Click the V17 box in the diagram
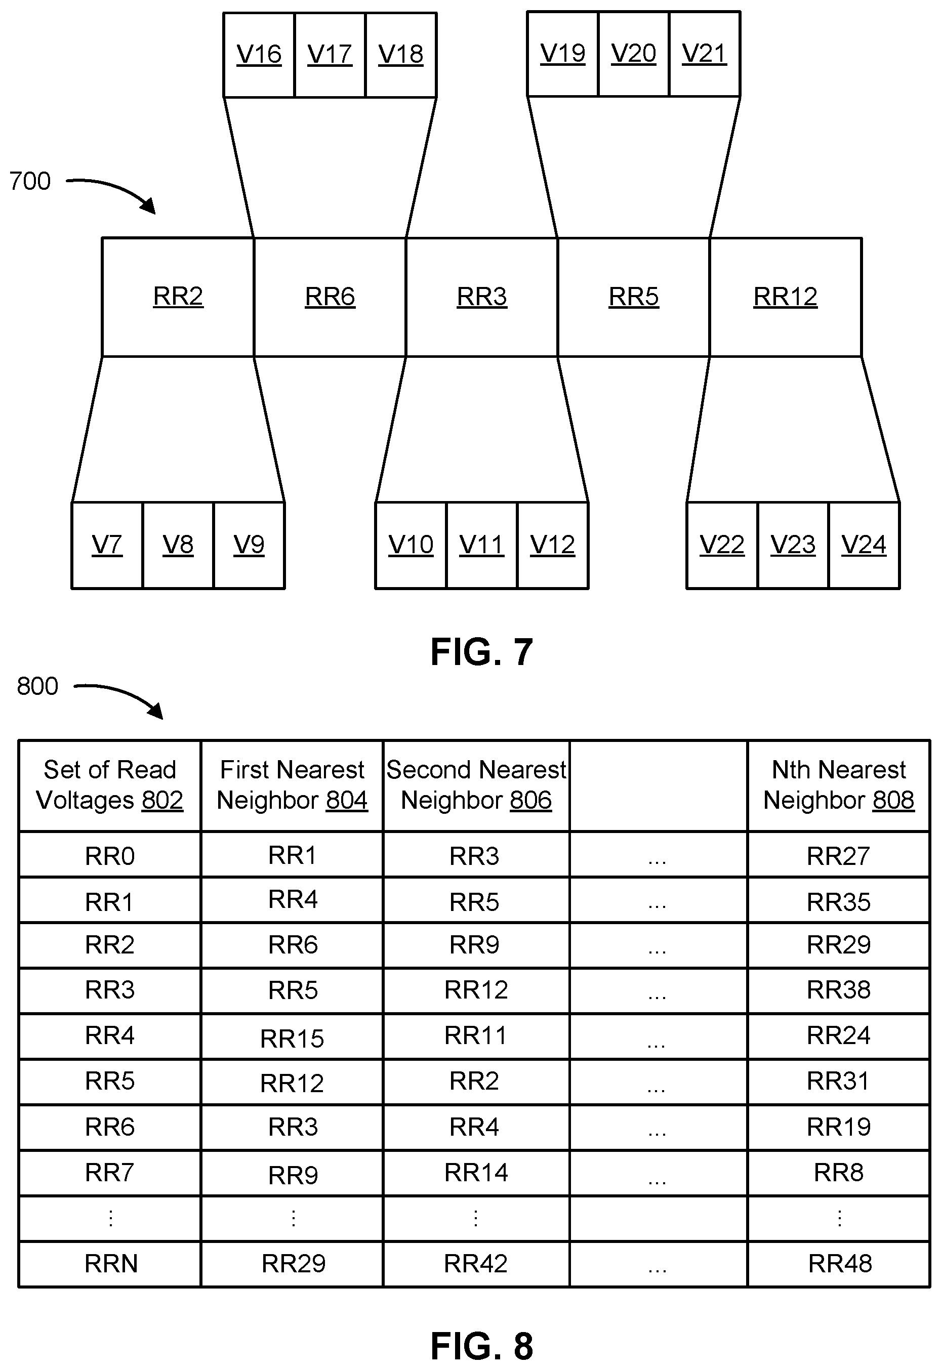(x=330, y=54)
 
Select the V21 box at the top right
(x=704, y=54)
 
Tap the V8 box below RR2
(x=178, y=545)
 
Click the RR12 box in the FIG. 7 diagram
(x=785, y=297)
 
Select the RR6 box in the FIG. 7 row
(x=330, y=297)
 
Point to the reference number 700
(x=30, y=181)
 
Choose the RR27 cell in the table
(x=838, y=855)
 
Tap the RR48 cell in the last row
(x=840, y=1263)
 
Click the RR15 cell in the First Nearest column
(x=292, y=1038)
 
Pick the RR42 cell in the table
(x=475, y=1263)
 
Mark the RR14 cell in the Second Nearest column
(x=476, y=1172)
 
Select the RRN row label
(x=111, y=1263)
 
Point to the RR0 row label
(x=110, y=855)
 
